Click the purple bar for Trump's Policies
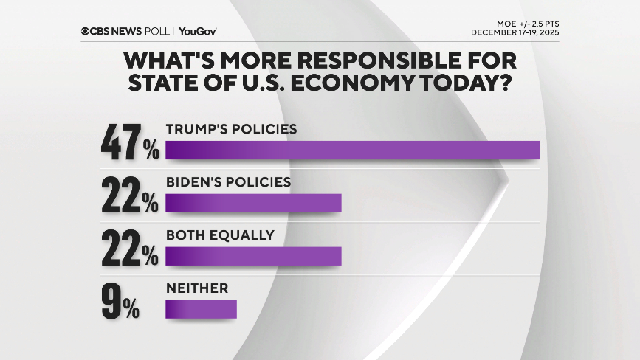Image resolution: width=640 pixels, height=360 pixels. pos(353,149)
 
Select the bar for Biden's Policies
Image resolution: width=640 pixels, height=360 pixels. pos(254,203)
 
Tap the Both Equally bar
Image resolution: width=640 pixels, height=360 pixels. pos(254,255)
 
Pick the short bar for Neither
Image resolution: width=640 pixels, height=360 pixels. pos(202,308)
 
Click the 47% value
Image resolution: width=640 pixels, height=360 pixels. pos(130,143)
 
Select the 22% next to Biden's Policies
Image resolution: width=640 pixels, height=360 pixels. pos(130,197)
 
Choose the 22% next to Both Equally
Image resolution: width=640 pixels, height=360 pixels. pos(130,250)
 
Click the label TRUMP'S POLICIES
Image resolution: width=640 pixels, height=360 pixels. pos(231,129)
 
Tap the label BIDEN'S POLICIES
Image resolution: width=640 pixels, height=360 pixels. pos(229,181)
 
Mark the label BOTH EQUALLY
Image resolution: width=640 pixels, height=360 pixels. pos(220,235)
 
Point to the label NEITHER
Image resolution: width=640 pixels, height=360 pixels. pos(197,288)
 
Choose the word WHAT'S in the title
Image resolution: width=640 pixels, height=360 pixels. pos(166,59)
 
